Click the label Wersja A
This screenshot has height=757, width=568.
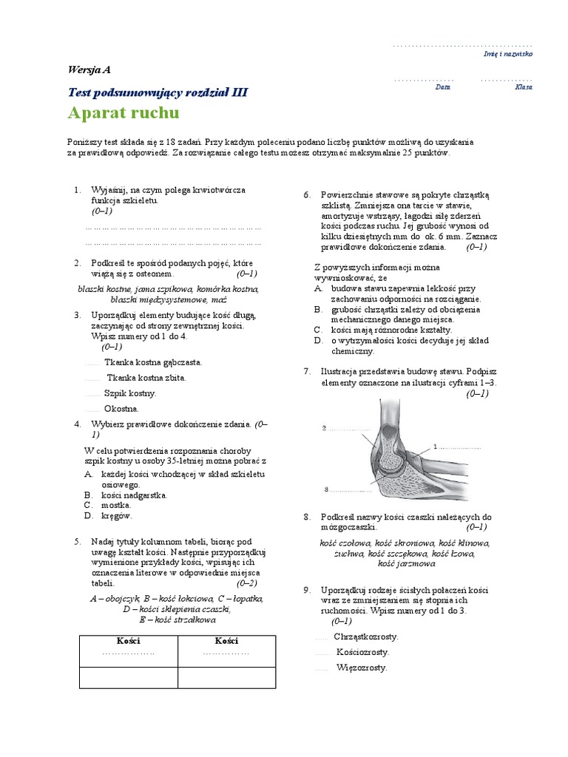tap(89, 70)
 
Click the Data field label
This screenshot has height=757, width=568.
tap(442, 86)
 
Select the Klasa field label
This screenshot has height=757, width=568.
tap(523, 86)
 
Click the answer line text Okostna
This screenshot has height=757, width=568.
tap(121, 408)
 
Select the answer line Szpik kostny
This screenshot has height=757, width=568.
tap(130, 393)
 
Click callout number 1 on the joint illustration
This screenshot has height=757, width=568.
tap(436, 447)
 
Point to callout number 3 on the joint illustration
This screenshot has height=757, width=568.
tap(326, 489)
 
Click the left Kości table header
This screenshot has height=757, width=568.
tap(128, 640)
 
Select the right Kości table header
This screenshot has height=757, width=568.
tap(226, 640)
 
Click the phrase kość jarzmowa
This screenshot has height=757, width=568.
tap(406, 563)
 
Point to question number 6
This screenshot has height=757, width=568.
tap(307, 194)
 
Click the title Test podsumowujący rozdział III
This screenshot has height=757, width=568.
tap(158, 92)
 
